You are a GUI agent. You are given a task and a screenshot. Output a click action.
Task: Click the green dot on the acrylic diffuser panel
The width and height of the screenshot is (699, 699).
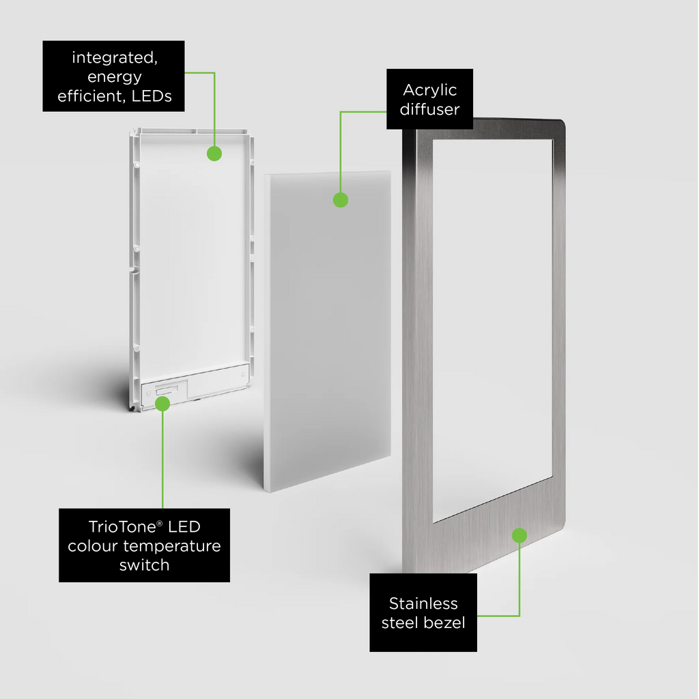[341, 200]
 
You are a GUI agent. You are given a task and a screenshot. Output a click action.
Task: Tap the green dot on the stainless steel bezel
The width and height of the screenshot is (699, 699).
[519, 535]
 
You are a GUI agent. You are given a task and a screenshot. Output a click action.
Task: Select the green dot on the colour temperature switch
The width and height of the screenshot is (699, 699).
[162, 404]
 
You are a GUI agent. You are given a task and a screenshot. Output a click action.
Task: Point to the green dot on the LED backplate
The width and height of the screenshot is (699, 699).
[214, 154]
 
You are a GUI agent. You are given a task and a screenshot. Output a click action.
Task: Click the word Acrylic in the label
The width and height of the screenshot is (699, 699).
[430, 91]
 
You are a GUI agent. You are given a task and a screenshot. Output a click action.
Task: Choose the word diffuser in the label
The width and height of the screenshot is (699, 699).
[430, 109]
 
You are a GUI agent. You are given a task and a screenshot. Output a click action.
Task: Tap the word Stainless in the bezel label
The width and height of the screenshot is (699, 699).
[423, 603]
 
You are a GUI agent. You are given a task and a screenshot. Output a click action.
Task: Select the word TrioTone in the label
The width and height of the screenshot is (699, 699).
[122, 527]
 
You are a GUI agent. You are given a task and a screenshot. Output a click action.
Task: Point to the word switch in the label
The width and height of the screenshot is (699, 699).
[145, 565]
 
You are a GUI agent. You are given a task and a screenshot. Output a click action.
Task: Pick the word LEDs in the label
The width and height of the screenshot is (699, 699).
[152, 96]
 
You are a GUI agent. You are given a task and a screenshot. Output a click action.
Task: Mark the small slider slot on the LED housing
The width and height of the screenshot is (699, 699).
[167, 390]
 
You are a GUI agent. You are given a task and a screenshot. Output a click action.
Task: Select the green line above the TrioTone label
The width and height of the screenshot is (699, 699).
[162, 459]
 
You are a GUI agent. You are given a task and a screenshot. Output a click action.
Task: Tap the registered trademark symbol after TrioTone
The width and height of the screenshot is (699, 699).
[160, 523]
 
